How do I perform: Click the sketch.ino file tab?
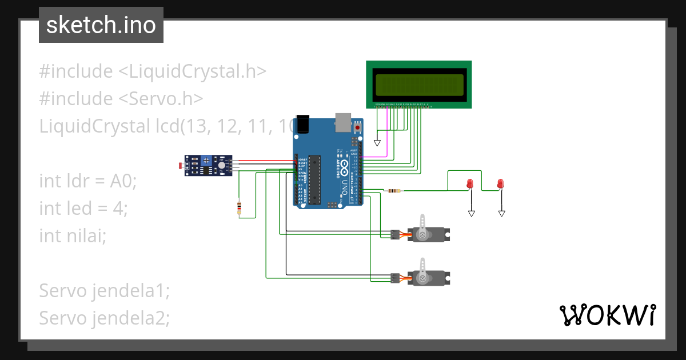(x=101, y=25)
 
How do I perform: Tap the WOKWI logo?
(x=607, y=315)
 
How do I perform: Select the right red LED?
(x=500, y=183)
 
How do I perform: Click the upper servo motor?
(x=429, y=233)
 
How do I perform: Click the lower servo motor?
(x=429, y=278)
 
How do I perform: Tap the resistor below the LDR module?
(x=239, y=208)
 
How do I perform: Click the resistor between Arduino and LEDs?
(x=394, y=190)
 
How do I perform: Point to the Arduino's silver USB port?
(x=343, y=120)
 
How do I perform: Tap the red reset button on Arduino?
(x=358, y=127)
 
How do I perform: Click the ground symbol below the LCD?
(x=377, y=142)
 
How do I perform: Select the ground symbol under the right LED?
(x=501, y=213)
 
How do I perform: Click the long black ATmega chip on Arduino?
(x=315, y=180)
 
